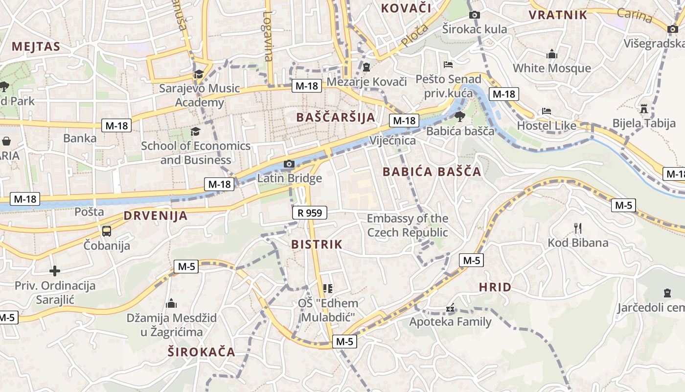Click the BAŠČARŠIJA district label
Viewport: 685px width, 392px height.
click(x=336, y=117)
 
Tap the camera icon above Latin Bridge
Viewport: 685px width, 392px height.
click(x=289, y=164)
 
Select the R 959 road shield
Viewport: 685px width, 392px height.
click(x=309, y=213)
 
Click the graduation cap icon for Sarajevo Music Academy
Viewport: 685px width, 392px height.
click(x=199, y=74)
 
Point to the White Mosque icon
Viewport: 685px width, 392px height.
click(x=552, y=54)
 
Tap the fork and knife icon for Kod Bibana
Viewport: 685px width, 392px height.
click(x=578, y=228)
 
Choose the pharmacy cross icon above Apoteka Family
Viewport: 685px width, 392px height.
click(x=450, y=309)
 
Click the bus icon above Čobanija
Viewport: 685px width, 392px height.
click(x=107, y=231)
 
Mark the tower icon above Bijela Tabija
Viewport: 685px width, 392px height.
click(x=644, y=108)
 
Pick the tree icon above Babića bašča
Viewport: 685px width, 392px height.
click(x=459, y=117)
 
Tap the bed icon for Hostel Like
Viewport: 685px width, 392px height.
click(x=547, y=111)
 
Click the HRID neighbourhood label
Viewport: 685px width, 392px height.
click(x=495, y=287)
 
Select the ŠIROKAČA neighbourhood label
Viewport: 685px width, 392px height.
click(x=202, y=352)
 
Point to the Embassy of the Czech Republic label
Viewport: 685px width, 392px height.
click(x=408, y=225)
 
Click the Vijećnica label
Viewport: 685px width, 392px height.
click(x=393, y=141)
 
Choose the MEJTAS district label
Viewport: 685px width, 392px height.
click(x=36, y=47)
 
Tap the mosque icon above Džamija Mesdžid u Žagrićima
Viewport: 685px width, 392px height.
click(x=171, y=304)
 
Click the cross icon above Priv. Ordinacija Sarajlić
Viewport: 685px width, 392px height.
click(x=55, y=270)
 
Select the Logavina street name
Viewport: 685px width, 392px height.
click(x=267, y=36)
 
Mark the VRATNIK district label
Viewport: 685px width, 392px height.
click(x=558, y=15)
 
